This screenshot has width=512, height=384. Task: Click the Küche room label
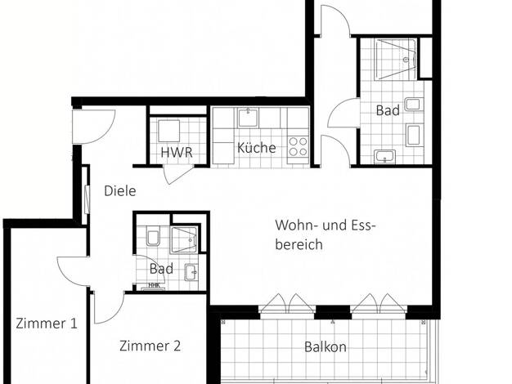(x=256, y=148)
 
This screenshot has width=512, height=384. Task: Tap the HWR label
(x=177, y=152)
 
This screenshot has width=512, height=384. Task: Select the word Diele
(x=120, y=191)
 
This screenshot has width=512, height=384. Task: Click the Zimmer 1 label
(x=47, y=324)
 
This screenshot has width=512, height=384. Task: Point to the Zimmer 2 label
(x=150, y=346)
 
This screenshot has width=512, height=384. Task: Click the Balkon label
(x=326, y=346)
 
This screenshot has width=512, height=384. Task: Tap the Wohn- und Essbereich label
(x=323, y=234)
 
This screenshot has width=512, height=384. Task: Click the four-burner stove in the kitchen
(x=299, y=147)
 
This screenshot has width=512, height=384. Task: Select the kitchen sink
(x=248, y=118)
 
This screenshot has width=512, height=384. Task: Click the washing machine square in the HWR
(x=168, y=131)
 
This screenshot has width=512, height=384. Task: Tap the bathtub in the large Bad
(x=395, y=60)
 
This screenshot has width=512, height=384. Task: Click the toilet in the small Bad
(x=153, y=235)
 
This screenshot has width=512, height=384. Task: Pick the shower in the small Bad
(x=184, y=240)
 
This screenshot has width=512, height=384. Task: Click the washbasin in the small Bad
(x=191, y=272)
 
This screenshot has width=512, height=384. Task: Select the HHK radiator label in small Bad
(x=154, y=285)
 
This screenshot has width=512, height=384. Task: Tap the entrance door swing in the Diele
(x=94, y=127)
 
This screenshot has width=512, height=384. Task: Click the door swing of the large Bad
(x=344, y=113)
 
